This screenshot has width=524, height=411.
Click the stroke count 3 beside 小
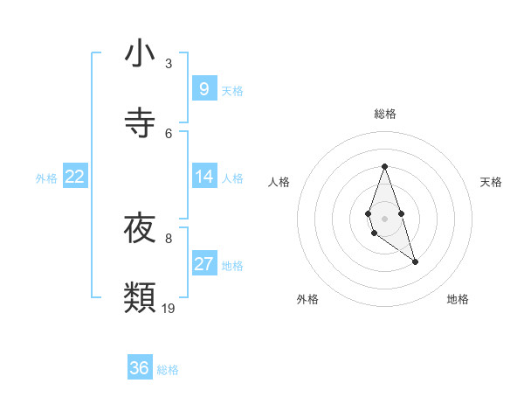point(169,64)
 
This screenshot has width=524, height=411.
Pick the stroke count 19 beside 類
point(169,308)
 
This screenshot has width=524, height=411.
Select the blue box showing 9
point(203,88)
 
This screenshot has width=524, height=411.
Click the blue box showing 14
point(203,177)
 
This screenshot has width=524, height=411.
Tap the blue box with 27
point(203,264)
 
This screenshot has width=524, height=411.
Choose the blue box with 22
point(74,177)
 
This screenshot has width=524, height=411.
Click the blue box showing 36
point(139,368)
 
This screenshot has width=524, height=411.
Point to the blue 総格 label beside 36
point(168,370)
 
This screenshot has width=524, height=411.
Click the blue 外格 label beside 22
point(46,178)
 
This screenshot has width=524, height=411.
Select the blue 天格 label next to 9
point(232,90)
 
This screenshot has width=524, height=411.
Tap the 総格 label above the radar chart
point(385,114)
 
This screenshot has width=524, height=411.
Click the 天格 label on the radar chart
point(492,182)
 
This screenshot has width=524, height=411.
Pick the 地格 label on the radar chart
point(458,299)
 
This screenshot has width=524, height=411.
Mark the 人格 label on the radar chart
point(279,182)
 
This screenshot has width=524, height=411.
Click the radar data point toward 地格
point(416,261)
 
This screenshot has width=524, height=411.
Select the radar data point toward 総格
point(384,166)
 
